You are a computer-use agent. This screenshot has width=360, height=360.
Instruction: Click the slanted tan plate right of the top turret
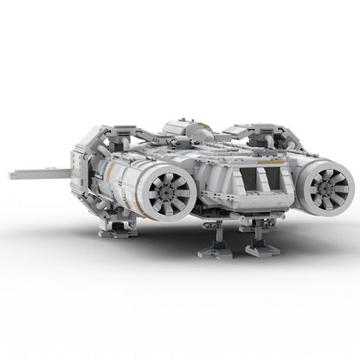click(x=209, y=134)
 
